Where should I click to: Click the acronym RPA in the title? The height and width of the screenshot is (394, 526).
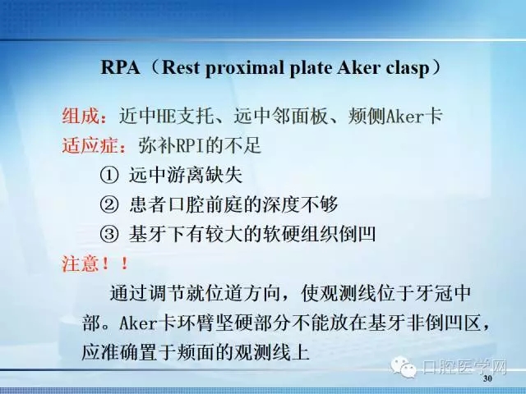[117, 67]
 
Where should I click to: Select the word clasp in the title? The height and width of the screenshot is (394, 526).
[408, 67]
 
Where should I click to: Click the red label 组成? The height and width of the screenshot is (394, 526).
[79, 117]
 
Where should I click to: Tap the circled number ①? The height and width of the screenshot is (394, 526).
[109, 175]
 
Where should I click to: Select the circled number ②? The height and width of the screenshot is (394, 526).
[109, 204]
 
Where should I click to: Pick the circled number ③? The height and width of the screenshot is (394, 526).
[109, 234]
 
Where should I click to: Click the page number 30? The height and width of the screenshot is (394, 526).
[487, 380]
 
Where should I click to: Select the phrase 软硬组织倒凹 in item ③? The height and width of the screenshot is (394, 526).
[325, 234]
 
